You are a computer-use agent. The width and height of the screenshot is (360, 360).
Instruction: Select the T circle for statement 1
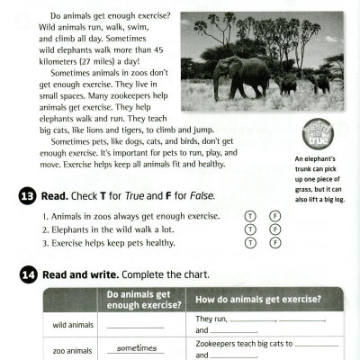pos(251,216)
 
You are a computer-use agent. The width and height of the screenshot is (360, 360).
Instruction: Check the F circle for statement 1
pos(275,216)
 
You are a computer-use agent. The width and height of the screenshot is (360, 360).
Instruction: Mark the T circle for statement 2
pos(251,229)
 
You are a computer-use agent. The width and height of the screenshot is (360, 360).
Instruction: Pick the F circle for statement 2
pos(275,229)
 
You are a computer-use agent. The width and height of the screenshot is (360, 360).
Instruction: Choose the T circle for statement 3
pos(251,243)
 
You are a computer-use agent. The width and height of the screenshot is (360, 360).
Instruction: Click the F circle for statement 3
pos(275,243)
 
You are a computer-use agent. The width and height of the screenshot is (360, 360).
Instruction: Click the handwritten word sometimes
pos(136,348)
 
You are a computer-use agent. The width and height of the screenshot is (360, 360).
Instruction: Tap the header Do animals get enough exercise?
pos(139,300)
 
